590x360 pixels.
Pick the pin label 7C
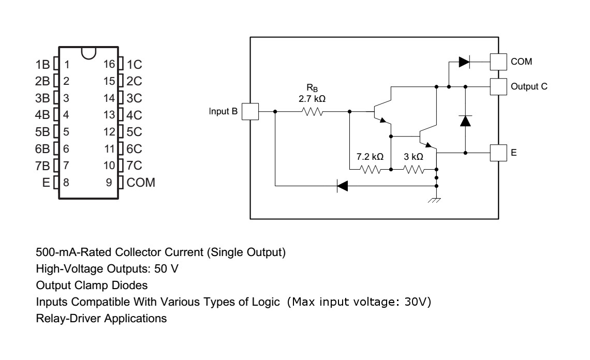134,166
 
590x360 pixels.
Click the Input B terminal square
250,111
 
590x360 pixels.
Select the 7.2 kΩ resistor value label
370,156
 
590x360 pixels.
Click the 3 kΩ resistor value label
413,156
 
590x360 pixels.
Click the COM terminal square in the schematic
498,62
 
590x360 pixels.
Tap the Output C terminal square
498,86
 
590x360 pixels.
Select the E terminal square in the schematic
498,153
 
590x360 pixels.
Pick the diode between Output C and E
465,121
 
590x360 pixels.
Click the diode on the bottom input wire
342,186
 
